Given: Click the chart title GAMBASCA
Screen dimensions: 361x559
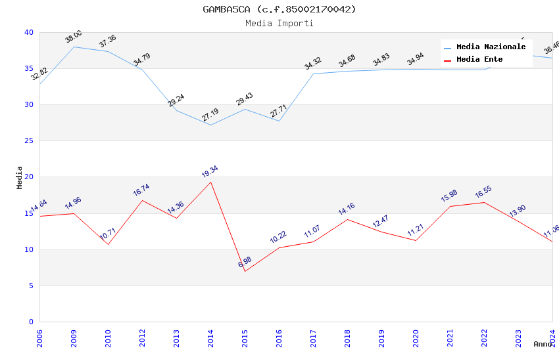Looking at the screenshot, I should click(x=279, y=9).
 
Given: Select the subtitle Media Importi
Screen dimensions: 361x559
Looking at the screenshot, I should click(x=279, y=23).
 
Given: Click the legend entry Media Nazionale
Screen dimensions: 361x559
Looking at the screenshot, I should click(x=491, y=47).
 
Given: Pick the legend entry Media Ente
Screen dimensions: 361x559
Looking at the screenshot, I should click(x=479, y=60).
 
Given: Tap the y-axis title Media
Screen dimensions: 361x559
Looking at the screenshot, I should click(x=20, y=177).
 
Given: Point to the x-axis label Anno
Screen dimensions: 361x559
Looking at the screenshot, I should click(x=543, y=344).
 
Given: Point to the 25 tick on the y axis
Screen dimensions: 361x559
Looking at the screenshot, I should click(x=29, y=141).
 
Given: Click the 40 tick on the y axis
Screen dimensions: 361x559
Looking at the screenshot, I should click(x=29, y=32).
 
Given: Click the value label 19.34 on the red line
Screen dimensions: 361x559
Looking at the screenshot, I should click(x=210, y=172).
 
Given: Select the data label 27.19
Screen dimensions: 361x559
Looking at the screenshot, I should click(x=210, y=116).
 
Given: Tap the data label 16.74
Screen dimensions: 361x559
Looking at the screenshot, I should click(x=141, y=190).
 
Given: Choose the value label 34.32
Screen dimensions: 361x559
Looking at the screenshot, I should click(x=313, y=64).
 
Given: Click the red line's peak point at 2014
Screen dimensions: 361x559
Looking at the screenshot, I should click(x=210, y=182).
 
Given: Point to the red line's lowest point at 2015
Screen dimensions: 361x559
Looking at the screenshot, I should click(x=245, y=271).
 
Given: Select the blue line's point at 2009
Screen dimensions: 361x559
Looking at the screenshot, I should click(x=74, y=47).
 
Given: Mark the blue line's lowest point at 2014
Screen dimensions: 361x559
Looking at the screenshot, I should click(x=210, y=125).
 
